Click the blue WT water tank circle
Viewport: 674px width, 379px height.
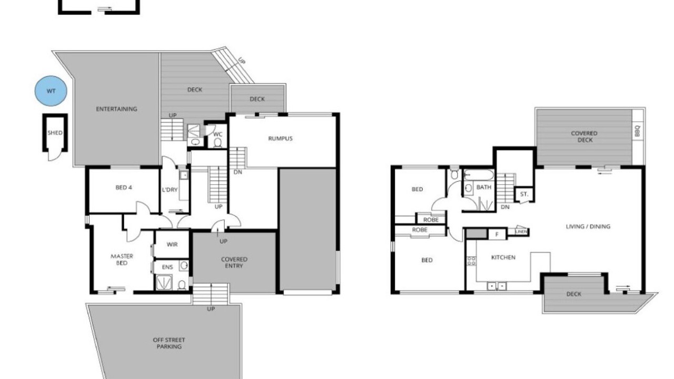click(x=51, y=91)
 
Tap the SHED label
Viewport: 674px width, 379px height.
click(x=55, y=133)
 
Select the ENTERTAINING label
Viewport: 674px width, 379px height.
click(x=116, y=109)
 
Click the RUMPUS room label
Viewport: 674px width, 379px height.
click(x=280, y=138)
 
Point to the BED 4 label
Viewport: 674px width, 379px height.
click(x=124, y=187)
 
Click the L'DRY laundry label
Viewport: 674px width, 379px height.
click(x=170, y=189)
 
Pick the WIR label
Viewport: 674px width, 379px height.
click(x=172, y=244)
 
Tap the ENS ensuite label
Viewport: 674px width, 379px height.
click(x=167, y=267)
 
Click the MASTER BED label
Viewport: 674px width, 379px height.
click(x=122, y=260)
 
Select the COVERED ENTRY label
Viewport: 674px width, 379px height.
click(x=234, y=262)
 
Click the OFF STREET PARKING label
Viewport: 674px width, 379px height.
click(x=169, y=343)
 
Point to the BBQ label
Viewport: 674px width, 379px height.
click(x=637, y=131)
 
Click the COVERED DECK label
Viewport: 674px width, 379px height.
click(x=584, y=136)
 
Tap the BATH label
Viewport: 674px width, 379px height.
click(x=484, y=187)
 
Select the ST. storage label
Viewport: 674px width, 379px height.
click(x=524, y=194)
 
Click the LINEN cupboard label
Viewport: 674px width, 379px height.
click(x=521, y=232)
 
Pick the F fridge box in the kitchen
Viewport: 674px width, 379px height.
click(x=497, y=234)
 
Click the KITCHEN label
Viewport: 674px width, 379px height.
click(x=503, y=257)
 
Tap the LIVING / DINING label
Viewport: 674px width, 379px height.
click(x=588, y=226)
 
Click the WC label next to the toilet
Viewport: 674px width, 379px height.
click(x=217, y=134)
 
